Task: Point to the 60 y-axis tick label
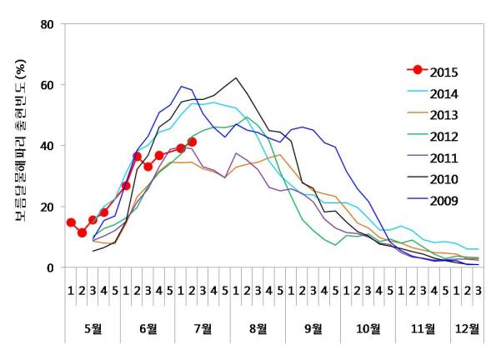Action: click(49, 85)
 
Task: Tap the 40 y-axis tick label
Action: click(49, 146)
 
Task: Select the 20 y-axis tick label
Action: click(49, 207)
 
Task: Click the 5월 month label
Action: click(93, 327)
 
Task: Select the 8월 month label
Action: click(258, 327)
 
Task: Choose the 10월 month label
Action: click(368, 327)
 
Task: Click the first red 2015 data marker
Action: click(71, 222)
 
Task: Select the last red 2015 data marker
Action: click(193, 142)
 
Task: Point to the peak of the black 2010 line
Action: click(237, 78)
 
